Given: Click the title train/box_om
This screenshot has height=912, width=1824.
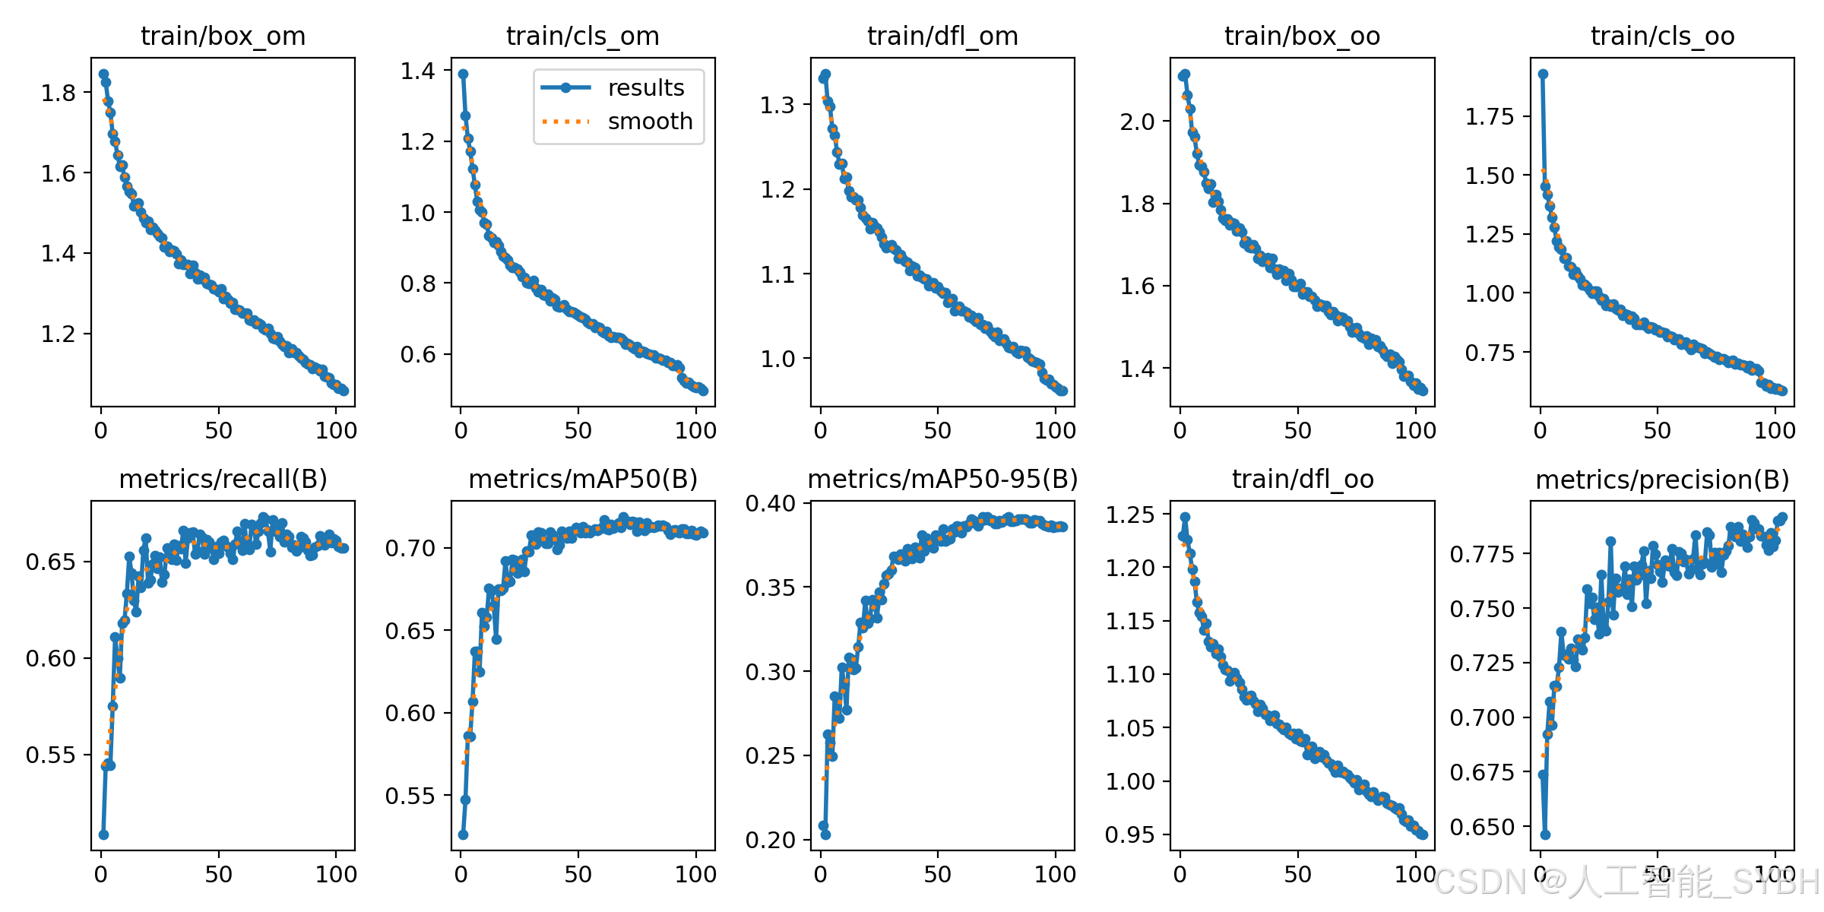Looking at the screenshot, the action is pos(223,36).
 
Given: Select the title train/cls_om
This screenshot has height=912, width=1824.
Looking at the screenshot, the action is pos(583,36).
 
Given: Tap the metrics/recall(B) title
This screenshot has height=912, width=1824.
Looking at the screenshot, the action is pos(223,480).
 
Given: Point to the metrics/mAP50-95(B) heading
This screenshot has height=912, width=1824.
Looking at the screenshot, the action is pos(942,480).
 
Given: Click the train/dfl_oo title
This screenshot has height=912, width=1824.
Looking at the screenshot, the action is pos(1303,480).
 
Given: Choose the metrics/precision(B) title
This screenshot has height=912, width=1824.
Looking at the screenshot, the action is pos(1662,480).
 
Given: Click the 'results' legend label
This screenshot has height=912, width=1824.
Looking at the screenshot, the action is pos(646,88).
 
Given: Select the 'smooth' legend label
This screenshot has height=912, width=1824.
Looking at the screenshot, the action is pos(651,122).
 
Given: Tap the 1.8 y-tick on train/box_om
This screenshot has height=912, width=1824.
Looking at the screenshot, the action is pos(59,93).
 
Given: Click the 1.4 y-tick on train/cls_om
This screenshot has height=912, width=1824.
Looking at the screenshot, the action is pos(418,71).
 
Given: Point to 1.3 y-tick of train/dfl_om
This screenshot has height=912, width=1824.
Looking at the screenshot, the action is pos(777,105).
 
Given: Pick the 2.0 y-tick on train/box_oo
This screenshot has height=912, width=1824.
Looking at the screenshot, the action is pos(1137,122).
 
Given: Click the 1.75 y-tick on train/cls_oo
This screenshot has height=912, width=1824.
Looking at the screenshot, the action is pos(1490,117).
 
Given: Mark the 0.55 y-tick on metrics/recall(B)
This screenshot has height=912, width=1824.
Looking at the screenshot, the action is pos(51,755).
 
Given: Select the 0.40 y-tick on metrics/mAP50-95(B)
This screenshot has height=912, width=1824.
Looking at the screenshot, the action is pos(771,504).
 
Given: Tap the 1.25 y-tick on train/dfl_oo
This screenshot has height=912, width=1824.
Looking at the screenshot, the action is pos(1130,515).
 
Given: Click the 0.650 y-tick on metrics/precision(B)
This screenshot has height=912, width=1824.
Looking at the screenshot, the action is pos(1483,828).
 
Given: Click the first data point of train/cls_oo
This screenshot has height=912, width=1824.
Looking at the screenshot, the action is pos(1543,74).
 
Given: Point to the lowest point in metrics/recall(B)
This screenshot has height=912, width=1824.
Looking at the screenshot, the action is pos(103,834).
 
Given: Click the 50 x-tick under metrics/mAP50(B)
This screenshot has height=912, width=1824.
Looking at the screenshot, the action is pos(578,875).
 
